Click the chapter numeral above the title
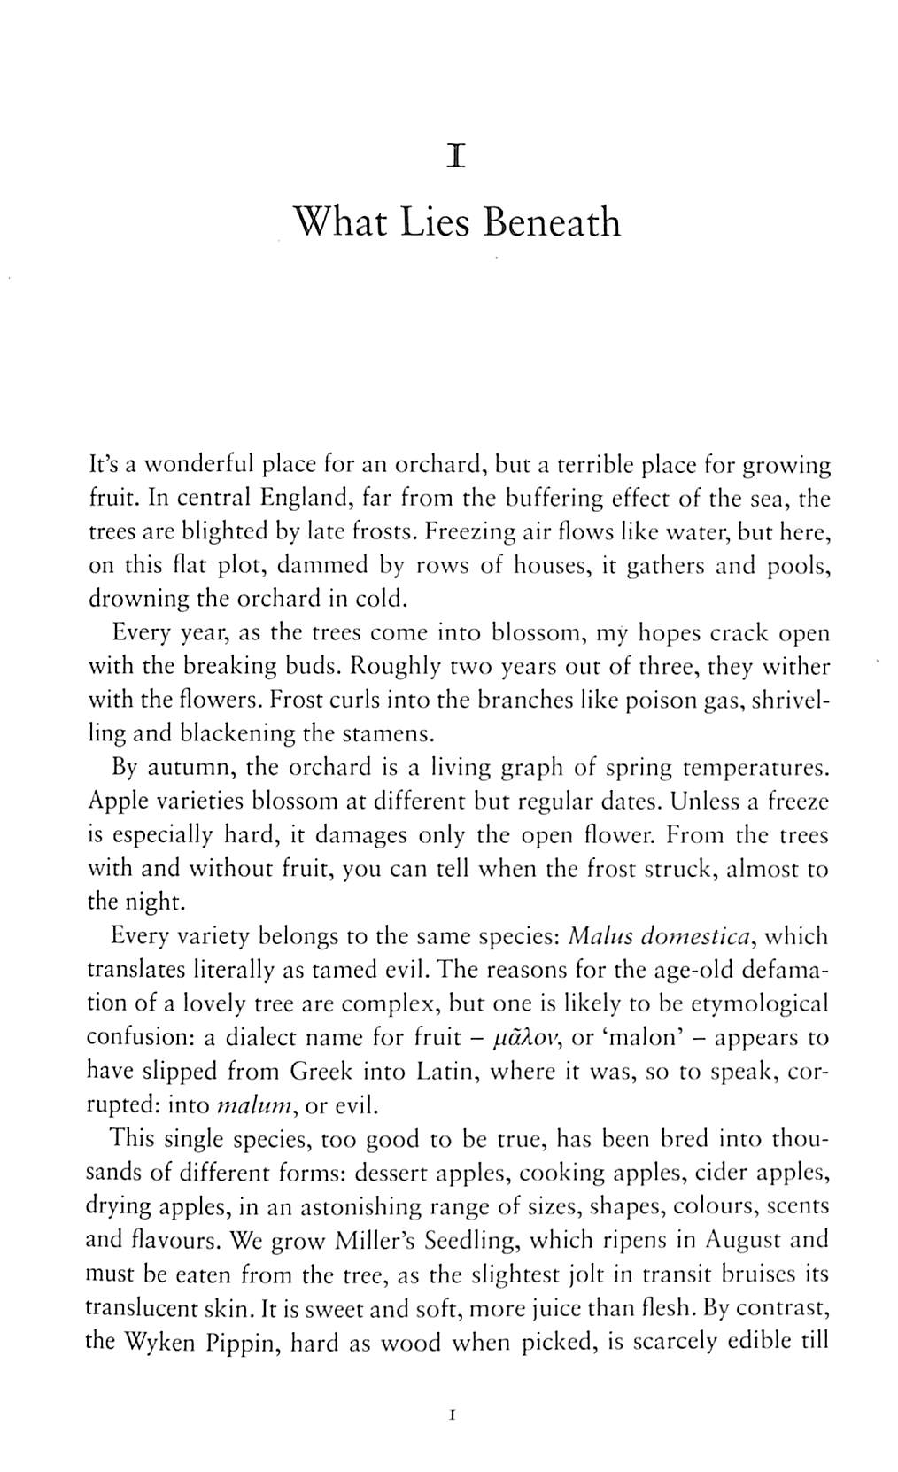click(456, 158)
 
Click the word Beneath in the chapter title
click(552, 221)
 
